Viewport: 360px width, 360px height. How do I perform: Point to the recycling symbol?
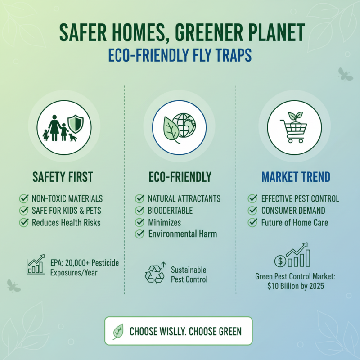click(154, 274)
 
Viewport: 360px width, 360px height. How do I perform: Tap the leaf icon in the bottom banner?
click(118, 332)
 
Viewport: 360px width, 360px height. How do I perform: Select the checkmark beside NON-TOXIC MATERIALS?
click(23, 198)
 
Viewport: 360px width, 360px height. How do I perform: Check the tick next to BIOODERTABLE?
click(140, 210)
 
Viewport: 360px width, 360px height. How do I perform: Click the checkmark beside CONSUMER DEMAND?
click(253, 210)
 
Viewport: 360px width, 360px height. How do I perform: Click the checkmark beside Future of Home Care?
click(253, 222)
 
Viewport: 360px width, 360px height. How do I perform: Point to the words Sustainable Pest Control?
click(189, 274)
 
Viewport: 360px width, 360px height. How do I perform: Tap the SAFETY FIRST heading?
click(63, 177)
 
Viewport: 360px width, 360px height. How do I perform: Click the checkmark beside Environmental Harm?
click(140, 234)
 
